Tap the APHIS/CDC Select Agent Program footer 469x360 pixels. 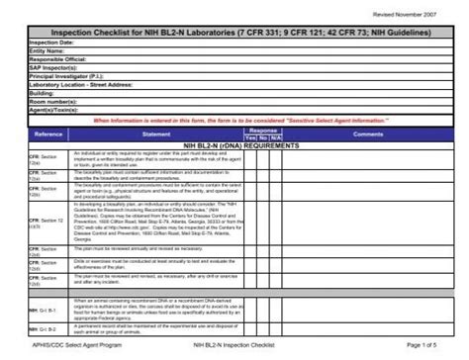67,345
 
